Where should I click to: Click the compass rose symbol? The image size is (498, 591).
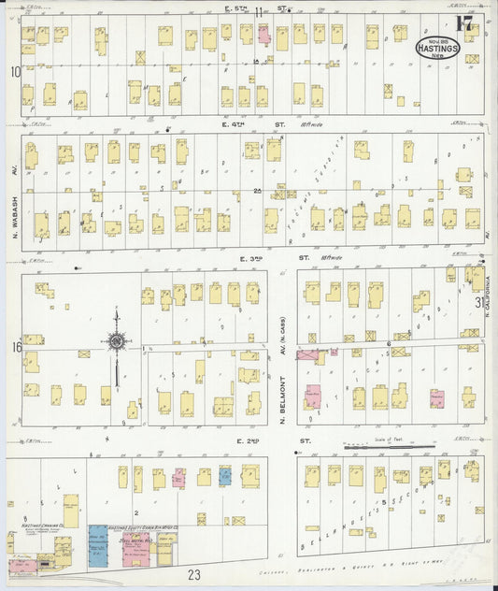click(117, 341)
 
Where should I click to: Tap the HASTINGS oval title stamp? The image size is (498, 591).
click(437, 47)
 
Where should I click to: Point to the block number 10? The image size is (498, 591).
click(15, 71)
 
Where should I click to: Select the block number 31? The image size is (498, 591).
click(479, 302)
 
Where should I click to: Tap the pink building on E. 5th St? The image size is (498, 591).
click(264, 36)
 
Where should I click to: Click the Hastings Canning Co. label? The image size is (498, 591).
click(42, 526)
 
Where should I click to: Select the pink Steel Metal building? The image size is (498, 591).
click(138, 550)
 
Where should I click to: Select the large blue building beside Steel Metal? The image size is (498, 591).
click(98, 546)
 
